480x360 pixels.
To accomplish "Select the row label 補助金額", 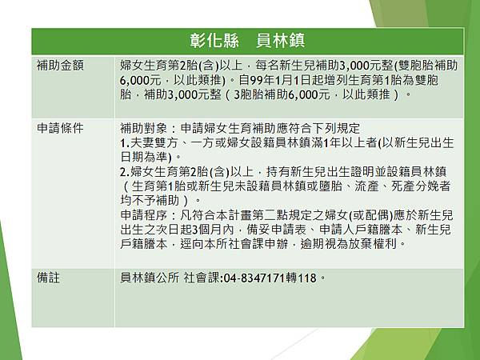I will [60, 62].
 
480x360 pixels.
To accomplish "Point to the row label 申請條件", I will [60, 128].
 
